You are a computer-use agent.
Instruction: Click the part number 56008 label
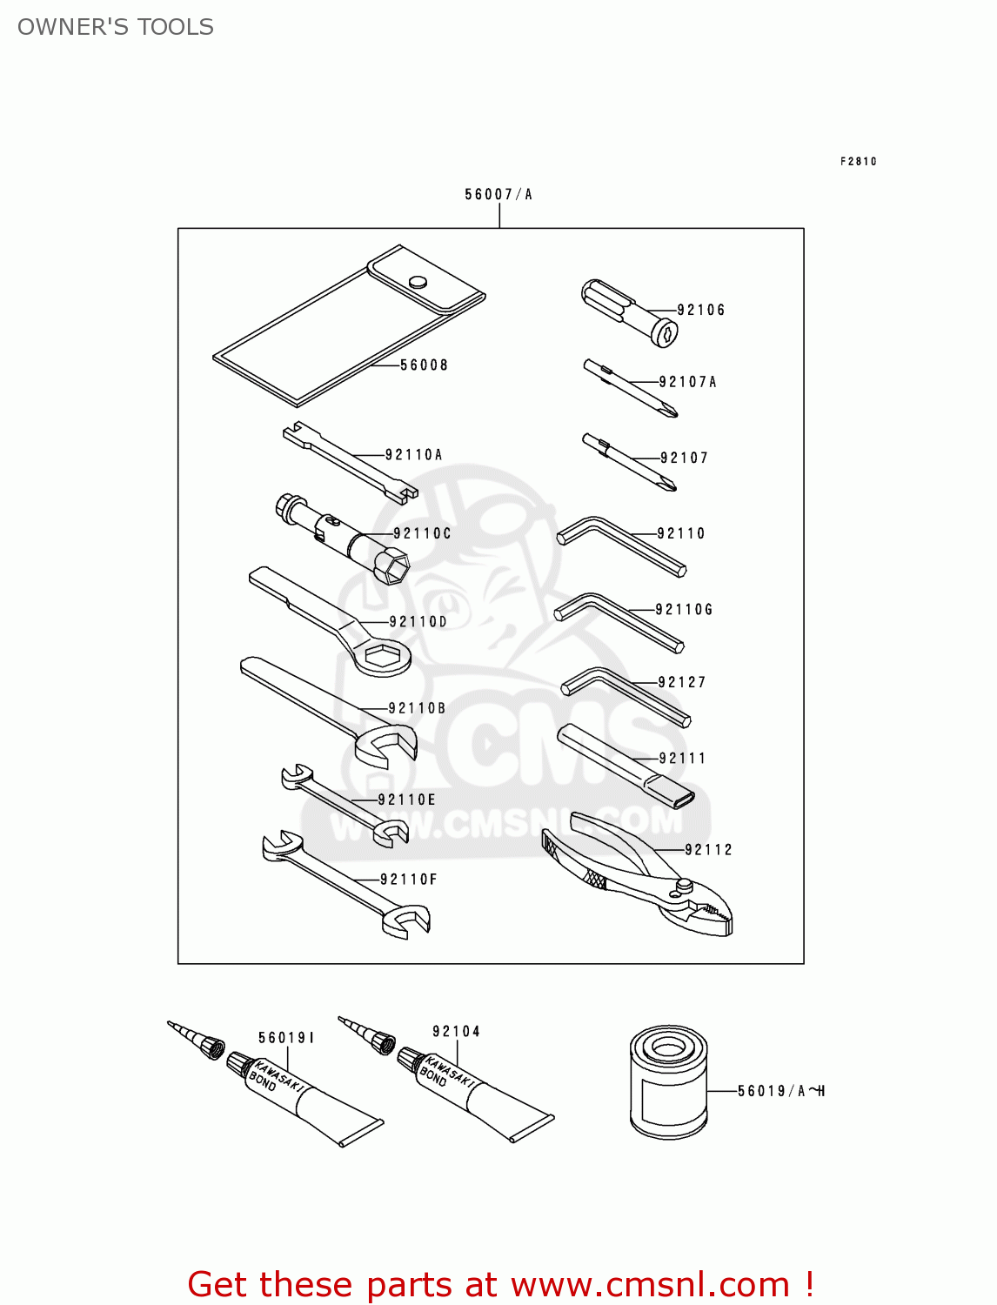(x=424, y=365)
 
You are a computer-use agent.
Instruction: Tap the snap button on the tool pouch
(x=418, y=281)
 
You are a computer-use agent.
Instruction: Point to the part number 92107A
(x=687, y=382)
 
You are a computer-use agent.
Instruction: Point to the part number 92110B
(x=417, y=709)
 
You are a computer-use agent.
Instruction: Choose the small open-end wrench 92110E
(x=344, y=803)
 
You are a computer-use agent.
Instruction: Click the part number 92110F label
(x=408, y=880)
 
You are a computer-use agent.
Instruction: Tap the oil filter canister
(x=668, y=1083)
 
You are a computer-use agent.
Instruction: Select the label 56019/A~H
(x=780, y=1091)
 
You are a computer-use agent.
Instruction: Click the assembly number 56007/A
(x=498, y=195)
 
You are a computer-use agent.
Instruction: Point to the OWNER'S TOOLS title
(x=116, y=27)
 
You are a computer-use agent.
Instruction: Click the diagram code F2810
(x=858, y=162)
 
